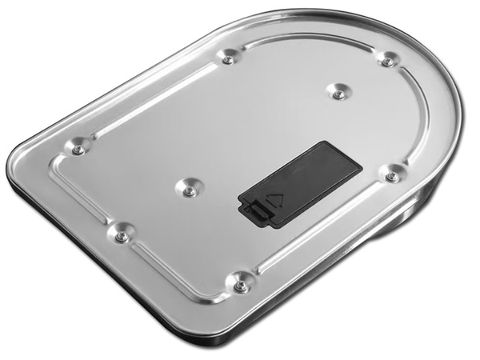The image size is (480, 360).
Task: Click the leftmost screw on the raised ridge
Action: tap(78, 150)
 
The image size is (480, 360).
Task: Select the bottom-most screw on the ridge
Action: tap(240, 285)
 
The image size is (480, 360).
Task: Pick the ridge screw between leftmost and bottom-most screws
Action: tap(122, 237)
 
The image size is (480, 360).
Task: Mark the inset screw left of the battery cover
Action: tap(190, 190)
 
